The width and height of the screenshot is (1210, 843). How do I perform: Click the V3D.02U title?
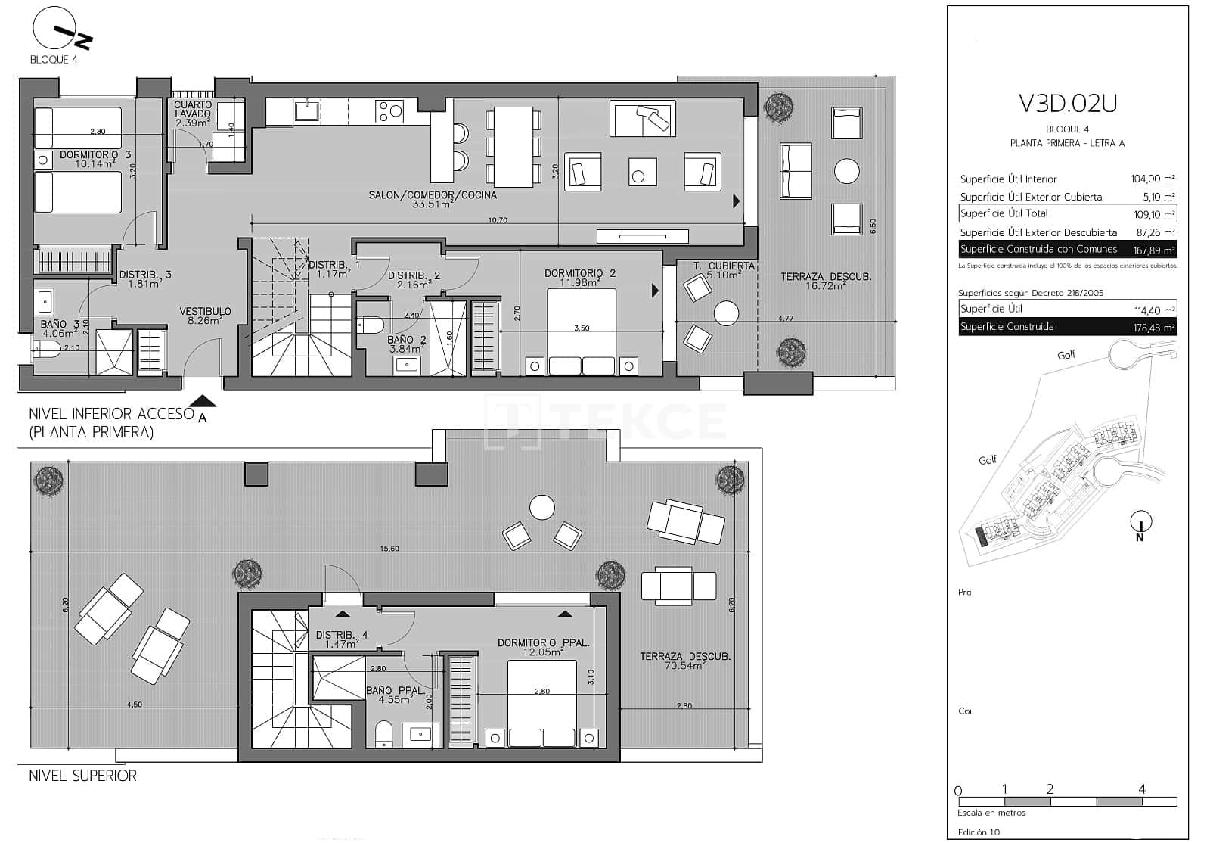[x=1067, y=103]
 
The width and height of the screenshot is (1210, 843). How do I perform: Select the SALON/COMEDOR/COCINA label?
[x=433, y=195]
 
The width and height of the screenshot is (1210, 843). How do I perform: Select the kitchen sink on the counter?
[x=306, y=112]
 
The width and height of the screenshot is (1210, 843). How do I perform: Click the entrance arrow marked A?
[x=200, y=403]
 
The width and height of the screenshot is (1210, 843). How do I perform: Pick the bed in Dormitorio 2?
[x=581, y=333]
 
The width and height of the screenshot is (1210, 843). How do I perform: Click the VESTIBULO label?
[x=205, y=311]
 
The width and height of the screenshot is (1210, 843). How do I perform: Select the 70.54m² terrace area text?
[x=684, y=666]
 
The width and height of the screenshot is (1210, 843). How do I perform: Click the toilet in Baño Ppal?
[x=383, y=733]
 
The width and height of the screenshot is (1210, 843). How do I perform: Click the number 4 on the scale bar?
[x=1141, y=789]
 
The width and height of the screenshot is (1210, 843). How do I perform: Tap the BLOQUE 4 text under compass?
[x=53, y=60]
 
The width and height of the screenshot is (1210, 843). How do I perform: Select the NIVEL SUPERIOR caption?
[x=82, y=776]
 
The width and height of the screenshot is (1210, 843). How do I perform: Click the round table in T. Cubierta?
[x=726, y=313]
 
